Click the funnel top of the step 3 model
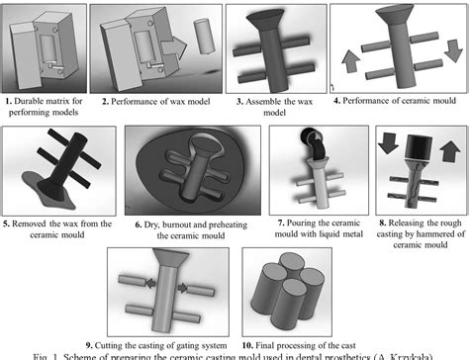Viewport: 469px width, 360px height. click(268, 18)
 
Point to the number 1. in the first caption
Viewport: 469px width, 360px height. click(7, 101)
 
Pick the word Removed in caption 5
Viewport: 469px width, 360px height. click(29, 223)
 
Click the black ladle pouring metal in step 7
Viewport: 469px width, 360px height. click(318, 147)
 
